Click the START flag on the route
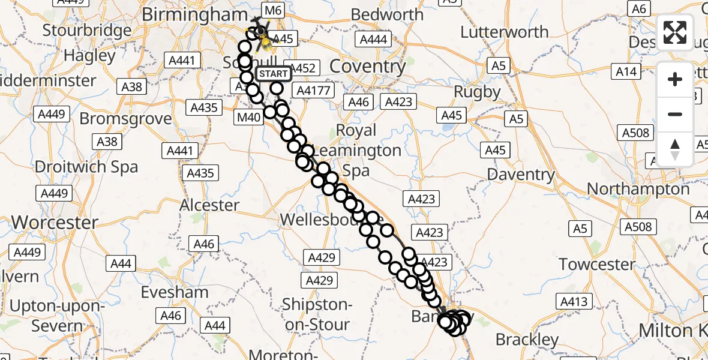click(x=274, y=74)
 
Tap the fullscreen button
click(x=675, y=32)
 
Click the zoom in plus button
click(x=675, y=79)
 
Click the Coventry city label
click(x=368, y=67)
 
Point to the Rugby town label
click(x=477, y=92)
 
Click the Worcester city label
click(x=55, y=223)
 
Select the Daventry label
click(x=521, y=175)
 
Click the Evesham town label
click(x=175, y=292)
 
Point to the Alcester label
click(x=209, y=205)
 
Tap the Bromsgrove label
click(x=125, y=119)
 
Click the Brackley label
click(x=527, y=340)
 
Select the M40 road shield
click(x=249, y=118)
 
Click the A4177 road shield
click(x=311, y=90)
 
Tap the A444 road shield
click(x=373, y=40)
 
